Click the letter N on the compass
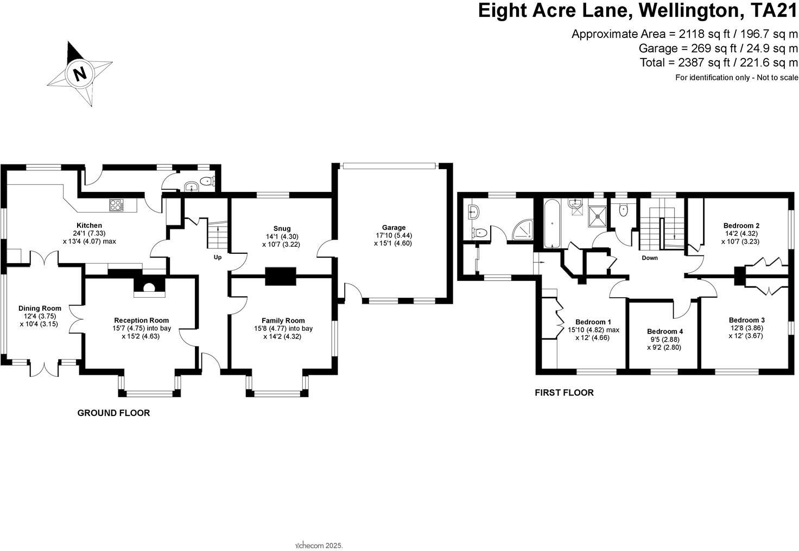[80, 73]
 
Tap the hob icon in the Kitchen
[116, 205]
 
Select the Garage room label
[394, 228]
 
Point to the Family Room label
[283, 321]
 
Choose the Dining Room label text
[40, 308]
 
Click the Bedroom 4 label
[665, 331]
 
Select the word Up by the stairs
[217, 257]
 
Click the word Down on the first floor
[649, 258]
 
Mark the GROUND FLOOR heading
[113, 413]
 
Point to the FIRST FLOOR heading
[564, 393]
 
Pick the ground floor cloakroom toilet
[207, 182]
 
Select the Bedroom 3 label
[746, 320]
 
